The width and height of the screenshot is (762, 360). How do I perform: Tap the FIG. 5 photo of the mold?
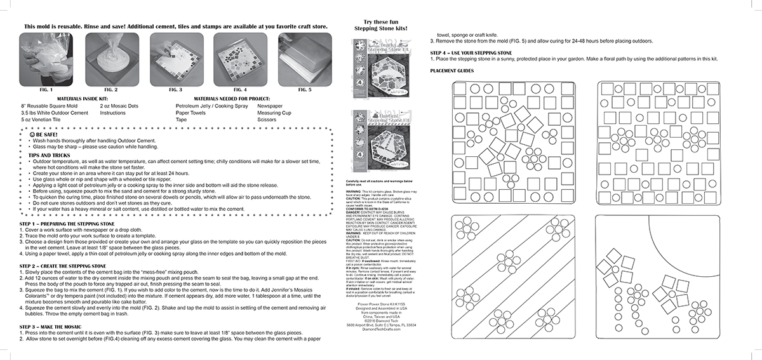point(300,59)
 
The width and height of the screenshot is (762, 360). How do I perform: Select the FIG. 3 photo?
point(172,59)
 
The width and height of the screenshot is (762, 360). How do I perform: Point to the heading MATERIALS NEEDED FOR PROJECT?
point(234,99)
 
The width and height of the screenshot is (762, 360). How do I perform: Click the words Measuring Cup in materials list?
point(274,112)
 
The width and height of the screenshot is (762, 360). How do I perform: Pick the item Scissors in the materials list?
point(267,119)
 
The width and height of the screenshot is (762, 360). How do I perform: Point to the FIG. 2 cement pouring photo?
point(108,59)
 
